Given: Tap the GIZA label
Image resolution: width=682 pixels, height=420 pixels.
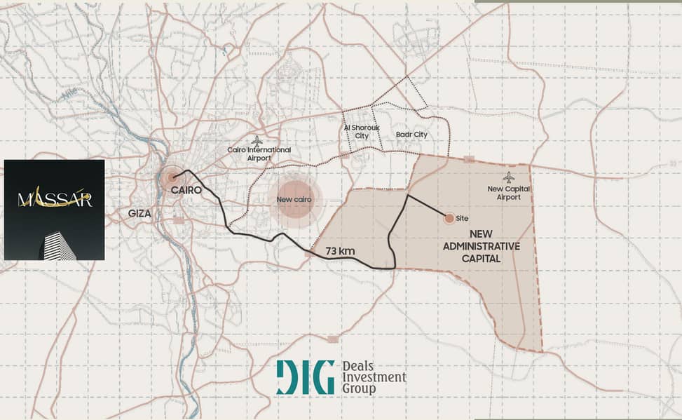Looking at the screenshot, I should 139,213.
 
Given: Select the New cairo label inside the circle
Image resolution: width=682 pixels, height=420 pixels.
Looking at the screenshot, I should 294,200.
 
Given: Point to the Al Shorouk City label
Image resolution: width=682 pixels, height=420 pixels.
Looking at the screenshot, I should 356,132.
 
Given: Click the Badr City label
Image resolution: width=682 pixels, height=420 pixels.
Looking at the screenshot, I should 411,135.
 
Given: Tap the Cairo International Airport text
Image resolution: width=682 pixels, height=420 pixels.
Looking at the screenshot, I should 259,154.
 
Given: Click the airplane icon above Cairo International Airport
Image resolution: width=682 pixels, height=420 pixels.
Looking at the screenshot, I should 257,141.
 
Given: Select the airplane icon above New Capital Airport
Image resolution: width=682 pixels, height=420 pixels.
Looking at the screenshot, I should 508,177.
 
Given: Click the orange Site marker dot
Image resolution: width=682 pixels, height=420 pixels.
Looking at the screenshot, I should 449,219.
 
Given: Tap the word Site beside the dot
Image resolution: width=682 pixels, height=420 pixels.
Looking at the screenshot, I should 462,219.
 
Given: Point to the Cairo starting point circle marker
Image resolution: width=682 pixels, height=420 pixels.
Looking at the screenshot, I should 172,178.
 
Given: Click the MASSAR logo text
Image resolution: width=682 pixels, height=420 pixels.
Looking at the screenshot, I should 55,200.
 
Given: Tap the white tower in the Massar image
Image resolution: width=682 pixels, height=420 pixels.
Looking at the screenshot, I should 59,245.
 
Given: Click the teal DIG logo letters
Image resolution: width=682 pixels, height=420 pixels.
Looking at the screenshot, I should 305,377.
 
